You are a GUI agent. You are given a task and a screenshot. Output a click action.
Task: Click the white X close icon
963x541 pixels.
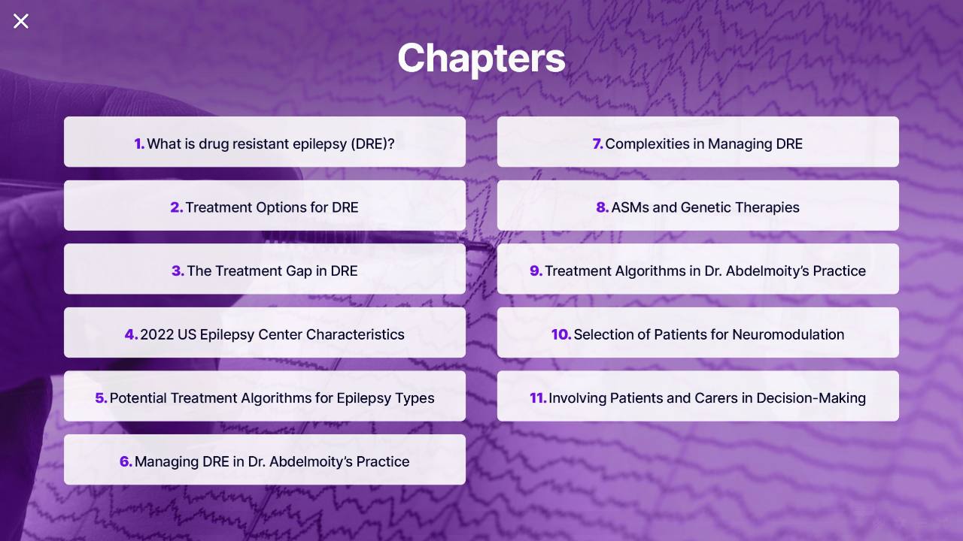pos(20,21)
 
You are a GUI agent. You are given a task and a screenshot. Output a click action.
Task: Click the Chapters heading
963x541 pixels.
pos(481,59)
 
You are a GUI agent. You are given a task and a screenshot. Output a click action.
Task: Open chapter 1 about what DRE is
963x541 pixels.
pos(265,142)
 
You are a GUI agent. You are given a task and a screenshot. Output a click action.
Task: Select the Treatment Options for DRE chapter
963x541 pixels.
pos(265,205)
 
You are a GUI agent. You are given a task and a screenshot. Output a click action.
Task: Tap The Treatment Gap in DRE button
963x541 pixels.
pos(265,269)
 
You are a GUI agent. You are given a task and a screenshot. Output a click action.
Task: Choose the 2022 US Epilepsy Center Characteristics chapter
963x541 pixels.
pos(265,332)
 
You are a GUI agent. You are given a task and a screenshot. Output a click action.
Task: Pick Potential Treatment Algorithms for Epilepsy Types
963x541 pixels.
pos(265,396)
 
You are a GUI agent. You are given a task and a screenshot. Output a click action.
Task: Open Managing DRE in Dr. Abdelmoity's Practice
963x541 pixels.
pos(265,459)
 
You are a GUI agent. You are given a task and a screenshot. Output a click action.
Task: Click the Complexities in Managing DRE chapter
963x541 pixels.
pos(697,142)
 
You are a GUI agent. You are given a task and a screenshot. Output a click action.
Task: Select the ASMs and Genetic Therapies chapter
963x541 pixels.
pos(697,205)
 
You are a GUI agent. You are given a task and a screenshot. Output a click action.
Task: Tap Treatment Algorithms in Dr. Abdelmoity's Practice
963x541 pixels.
pos(697,269)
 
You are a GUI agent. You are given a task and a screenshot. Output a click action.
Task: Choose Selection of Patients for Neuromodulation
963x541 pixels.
pos(697,332)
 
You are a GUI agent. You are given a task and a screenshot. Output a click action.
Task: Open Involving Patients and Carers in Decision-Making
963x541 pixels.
pos(697,396)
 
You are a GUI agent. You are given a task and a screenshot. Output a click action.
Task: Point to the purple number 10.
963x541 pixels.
pos(561,334)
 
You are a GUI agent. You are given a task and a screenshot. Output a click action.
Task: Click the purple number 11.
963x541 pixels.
pos(538,398)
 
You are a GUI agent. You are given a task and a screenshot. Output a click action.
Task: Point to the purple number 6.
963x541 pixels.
pos(126,461)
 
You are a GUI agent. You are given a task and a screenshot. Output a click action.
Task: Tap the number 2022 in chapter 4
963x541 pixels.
pos(157,334)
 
